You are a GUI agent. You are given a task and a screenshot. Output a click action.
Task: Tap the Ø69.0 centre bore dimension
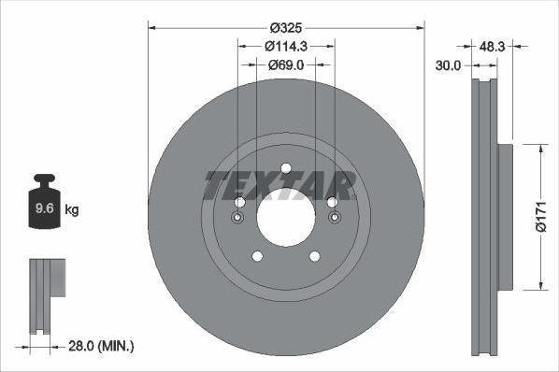(x=286, y=65)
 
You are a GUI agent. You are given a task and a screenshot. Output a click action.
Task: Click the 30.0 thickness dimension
(x=450, y=65)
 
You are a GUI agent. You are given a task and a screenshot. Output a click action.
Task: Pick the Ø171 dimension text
(x=539, y=216)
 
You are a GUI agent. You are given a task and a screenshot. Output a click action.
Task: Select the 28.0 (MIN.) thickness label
(x=100, y=346)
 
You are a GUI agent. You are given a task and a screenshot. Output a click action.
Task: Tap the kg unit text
(x=72, y=210)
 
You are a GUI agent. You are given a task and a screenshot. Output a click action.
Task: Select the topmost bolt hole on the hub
(x=286, y=169)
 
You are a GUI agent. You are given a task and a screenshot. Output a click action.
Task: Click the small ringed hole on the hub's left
(x=236, y=219)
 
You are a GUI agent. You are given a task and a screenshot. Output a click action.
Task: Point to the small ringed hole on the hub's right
(x=335, y=219)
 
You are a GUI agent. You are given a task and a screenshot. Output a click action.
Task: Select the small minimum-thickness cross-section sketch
(x=46, y=296)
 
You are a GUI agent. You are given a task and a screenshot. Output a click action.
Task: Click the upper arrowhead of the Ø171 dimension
(x=539, y=148)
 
